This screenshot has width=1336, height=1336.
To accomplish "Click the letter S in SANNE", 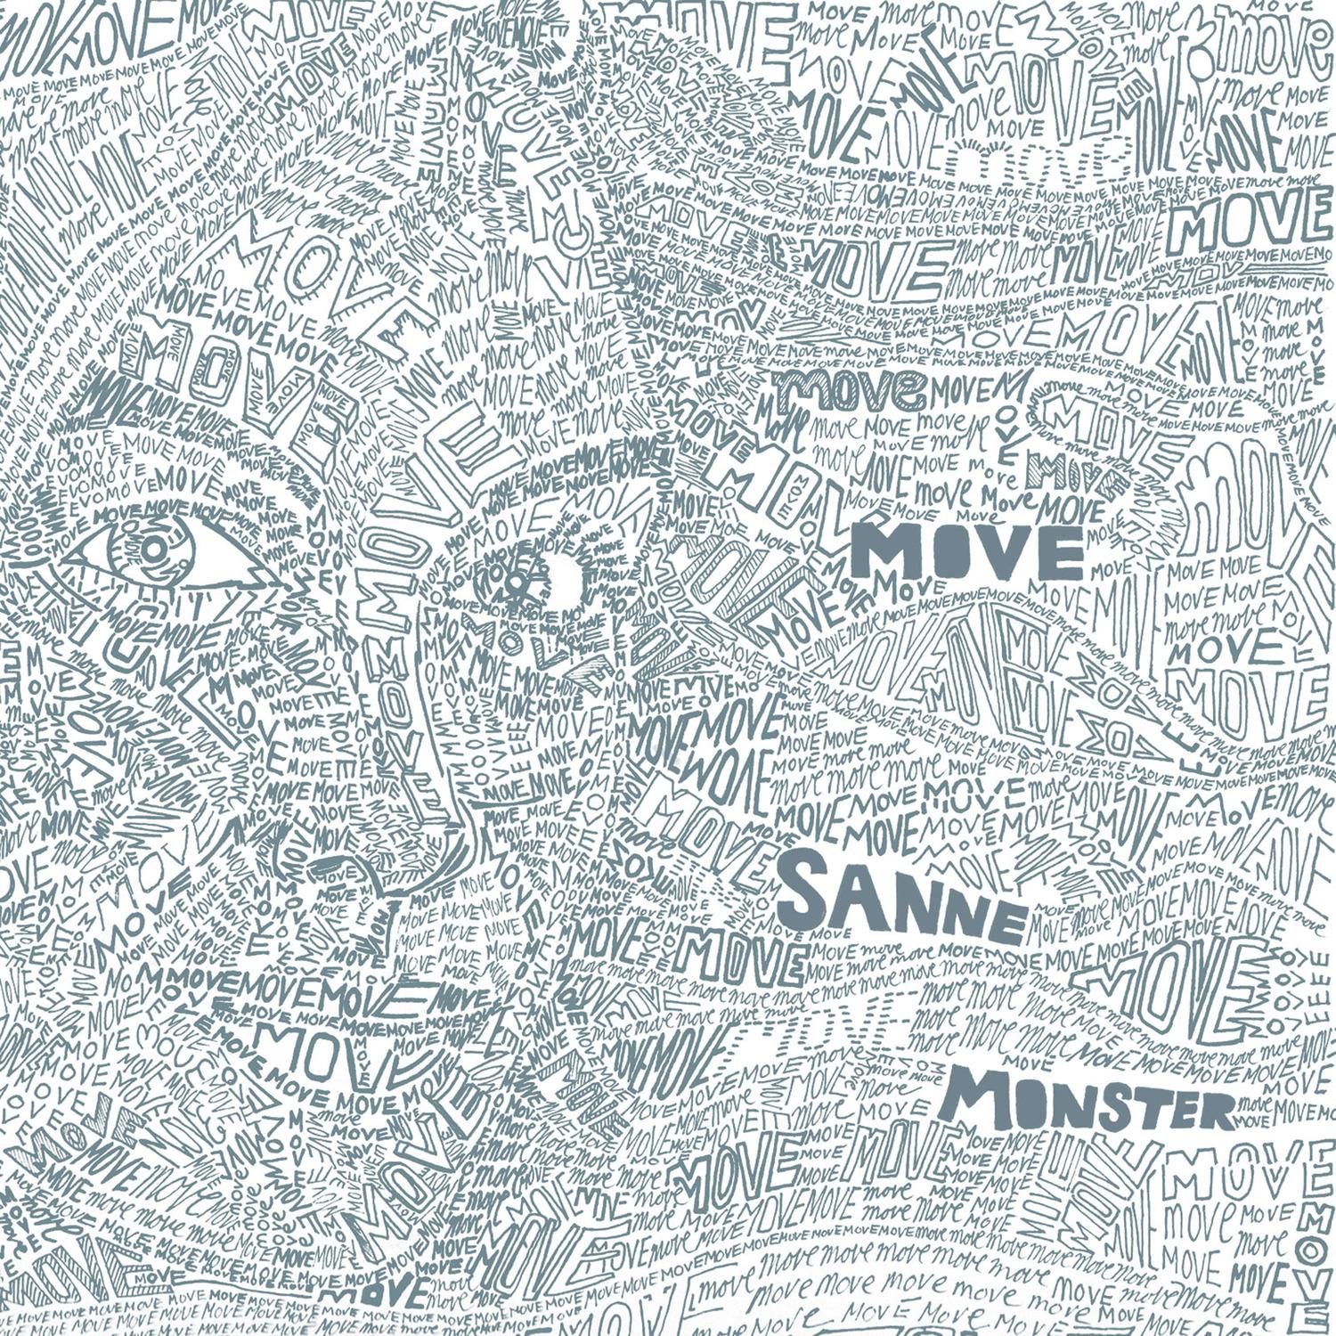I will coord(807,891).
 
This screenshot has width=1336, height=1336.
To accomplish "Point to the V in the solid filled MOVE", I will coord(994,556).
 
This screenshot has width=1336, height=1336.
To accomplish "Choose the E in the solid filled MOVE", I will coord(1051,558).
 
